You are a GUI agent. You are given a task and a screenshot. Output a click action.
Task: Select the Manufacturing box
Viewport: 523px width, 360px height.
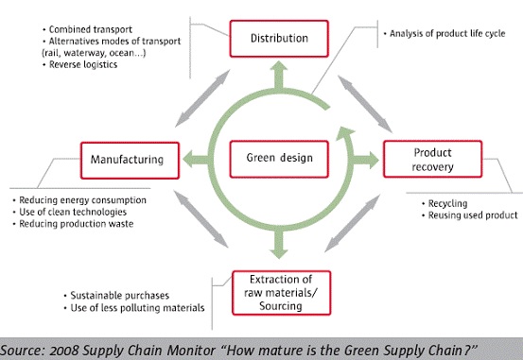(x=130, y=159)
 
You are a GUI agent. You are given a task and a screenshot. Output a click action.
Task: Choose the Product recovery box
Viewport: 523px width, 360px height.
(x=432, y=159)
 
